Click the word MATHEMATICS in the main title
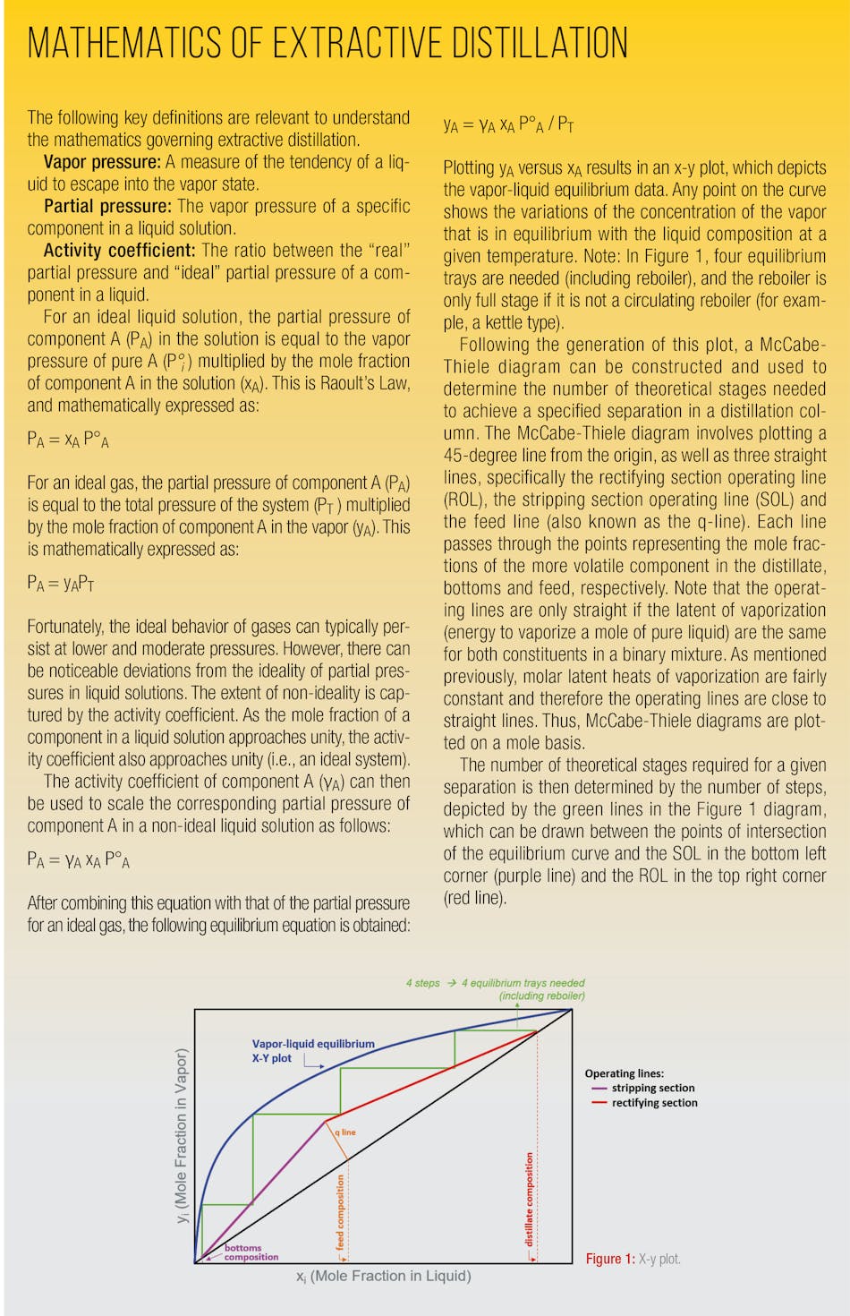[x=125, y=43]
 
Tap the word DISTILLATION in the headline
[x=540, y=43]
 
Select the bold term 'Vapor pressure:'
[x=102, y=162]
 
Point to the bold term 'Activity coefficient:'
[x=119, y=251]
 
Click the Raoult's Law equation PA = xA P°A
[x=68, y=440]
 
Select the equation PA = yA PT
[x=61, y=584]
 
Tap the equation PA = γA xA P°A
[x=79, y=860]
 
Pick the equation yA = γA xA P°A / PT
[x=508, y=125]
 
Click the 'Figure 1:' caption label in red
[x=610, y=1259]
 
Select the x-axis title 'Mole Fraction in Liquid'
[x=384, y=1276]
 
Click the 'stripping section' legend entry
[x=652, y=1088]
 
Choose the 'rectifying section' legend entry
[x=654, y=1103]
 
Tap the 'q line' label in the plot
[x=345, y=1132]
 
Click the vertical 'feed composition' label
[x=340, y=1212]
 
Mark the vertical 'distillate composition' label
[x=529, y=1200]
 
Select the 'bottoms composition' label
[x=251, y=1252]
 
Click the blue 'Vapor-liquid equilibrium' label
[x=313, y=1044]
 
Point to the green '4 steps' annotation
[x=422, y=983]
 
